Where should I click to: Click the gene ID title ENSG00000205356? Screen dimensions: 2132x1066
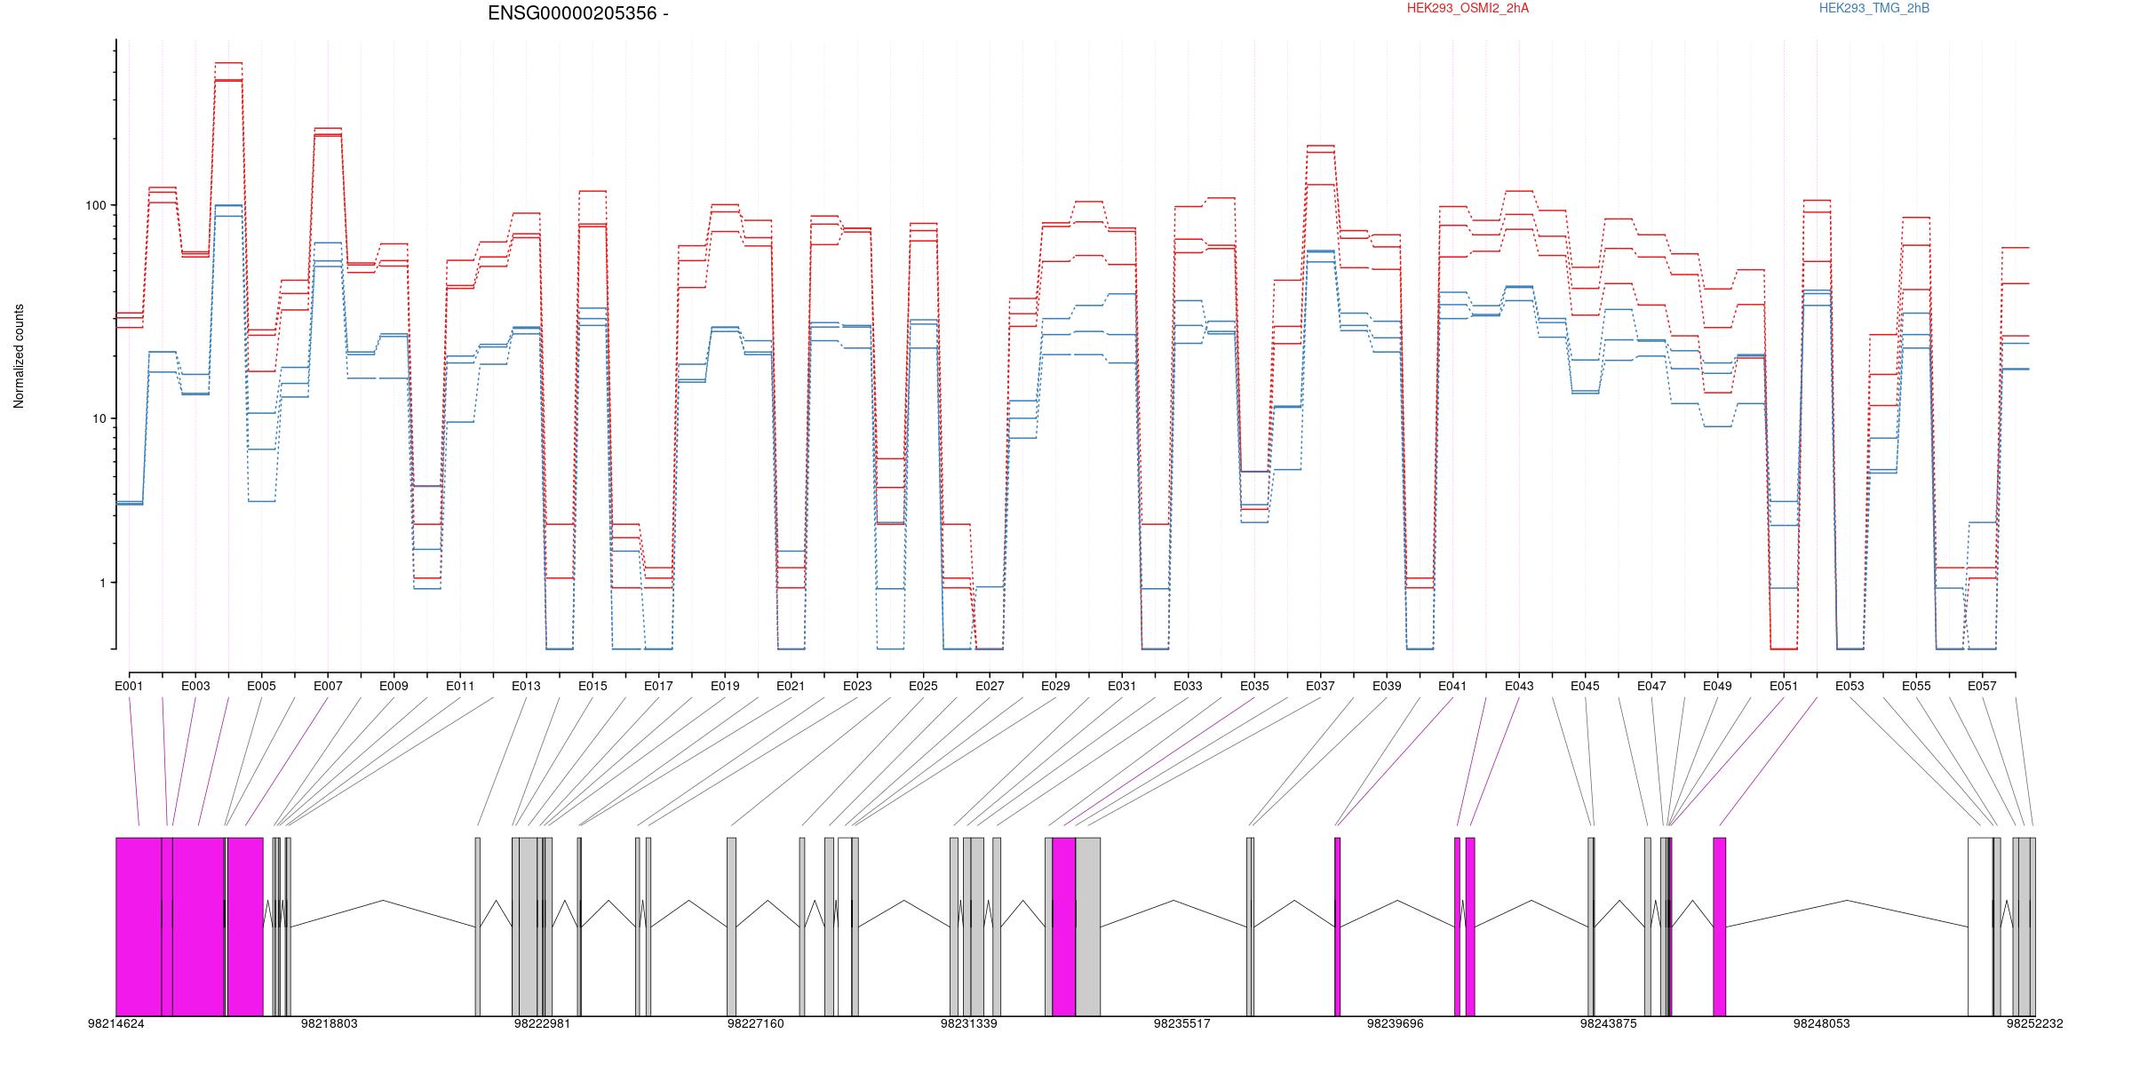click(x=572, y=13)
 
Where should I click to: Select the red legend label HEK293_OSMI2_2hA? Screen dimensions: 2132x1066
click(x=1468, y=8)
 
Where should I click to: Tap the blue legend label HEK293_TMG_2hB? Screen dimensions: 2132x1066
click(x=1874, y=8)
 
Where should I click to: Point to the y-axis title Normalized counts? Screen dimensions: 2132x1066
click(x=19, y=356)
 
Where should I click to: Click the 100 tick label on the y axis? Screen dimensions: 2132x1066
click(x=95, y=205)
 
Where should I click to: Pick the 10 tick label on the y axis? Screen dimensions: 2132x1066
click(x=99, y=418)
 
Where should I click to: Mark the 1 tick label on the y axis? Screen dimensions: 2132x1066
click(x=102, y=583)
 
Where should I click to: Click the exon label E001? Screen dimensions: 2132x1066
click(x=129, y=686)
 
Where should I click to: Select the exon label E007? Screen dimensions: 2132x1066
click(x=328, y=686)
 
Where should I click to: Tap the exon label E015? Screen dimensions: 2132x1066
click(x=593, y=686)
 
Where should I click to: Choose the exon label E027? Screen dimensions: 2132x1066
click(x=990, y=686)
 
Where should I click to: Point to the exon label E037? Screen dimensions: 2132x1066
click(x=1320, y=686)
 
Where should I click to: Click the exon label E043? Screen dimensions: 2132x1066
click(x=1519, y=686)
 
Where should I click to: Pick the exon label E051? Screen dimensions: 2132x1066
click(x=1784, y=686)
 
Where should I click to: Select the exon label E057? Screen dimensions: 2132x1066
click(x=1982, y=686)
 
